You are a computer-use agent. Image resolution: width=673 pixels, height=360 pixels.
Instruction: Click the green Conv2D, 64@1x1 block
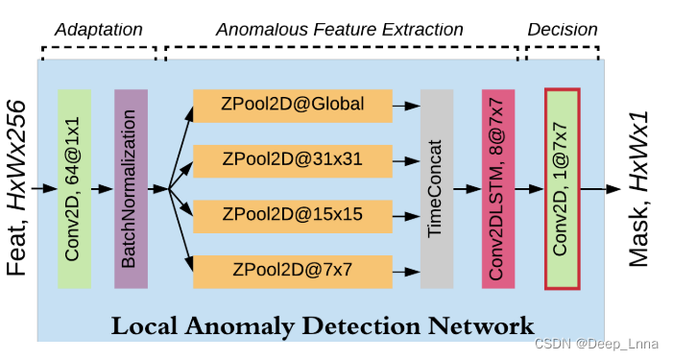(x=74, y=188)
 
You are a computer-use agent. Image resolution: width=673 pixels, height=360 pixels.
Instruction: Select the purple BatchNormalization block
(x=131, y=188)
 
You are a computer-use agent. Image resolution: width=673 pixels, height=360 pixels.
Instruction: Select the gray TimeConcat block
(x=436, y=188)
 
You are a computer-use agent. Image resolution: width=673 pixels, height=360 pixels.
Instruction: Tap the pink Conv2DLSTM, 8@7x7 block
(x=497, y=188)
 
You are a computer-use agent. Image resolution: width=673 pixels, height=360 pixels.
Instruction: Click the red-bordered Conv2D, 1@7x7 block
(x=562, y=188)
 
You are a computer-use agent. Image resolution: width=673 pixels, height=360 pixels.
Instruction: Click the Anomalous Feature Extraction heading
(x=340, y=31)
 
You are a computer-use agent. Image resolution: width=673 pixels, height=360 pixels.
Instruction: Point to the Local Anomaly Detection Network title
(x=323, y=325)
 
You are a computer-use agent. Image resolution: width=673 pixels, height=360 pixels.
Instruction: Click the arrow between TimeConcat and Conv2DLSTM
(x=467, y=188)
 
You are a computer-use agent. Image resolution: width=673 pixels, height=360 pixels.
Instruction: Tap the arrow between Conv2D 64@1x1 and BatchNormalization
(x=102, y=188)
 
